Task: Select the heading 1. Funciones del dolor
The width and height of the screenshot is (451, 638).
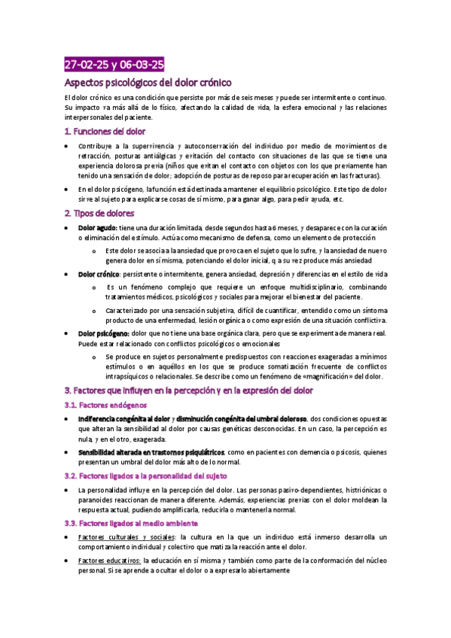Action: click(x=105, y=132)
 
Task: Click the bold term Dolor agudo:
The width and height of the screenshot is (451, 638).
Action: click(x=97, y=227)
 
